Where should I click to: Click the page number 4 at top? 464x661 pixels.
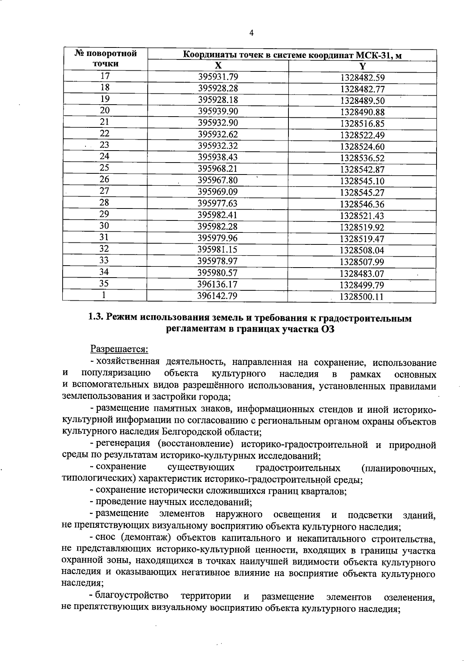[251, 33]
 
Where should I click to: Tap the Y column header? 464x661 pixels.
[362, 66]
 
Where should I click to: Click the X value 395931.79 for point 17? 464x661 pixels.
[218, 76]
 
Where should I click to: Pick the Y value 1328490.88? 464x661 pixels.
[362, 112]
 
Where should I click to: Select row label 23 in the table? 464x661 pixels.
[104, 145]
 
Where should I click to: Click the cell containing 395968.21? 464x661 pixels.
[218, 169]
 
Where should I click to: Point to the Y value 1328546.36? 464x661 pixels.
[362, 204]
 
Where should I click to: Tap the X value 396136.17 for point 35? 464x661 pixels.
[218, 284]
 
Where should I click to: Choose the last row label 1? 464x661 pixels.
[104, 295]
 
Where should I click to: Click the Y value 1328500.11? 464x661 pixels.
[362, 297]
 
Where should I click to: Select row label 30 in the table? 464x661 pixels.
[104, 225]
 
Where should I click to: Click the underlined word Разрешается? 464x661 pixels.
[119, 349]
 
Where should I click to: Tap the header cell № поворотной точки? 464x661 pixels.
[105, 58]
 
